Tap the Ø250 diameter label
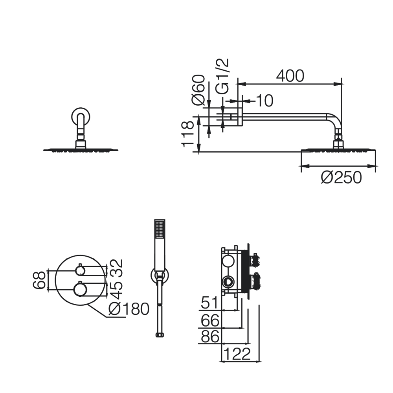[x=342, y=178]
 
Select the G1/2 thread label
[x=222, y=76]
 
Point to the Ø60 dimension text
[x=198, y=90]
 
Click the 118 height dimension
[x=187, y=134]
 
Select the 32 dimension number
[x=116, y=267]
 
